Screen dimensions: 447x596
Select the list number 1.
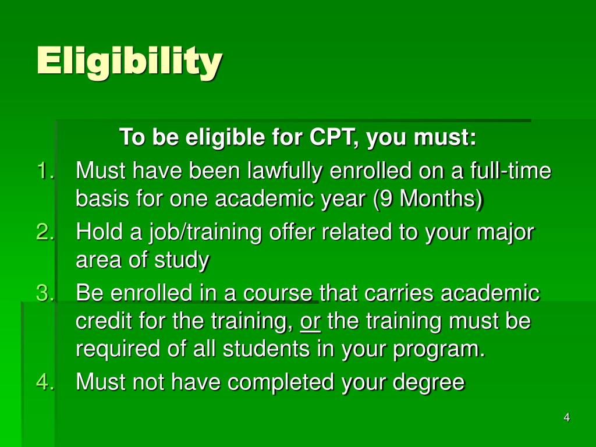45,172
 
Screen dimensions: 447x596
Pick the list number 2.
45,232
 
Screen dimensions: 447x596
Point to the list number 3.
45,293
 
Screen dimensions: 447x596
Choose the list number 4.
45,382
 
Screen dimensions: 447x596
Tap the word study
181,260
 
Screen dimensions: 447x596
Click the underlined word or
311,321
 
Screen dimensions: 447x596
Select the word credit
101,321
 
